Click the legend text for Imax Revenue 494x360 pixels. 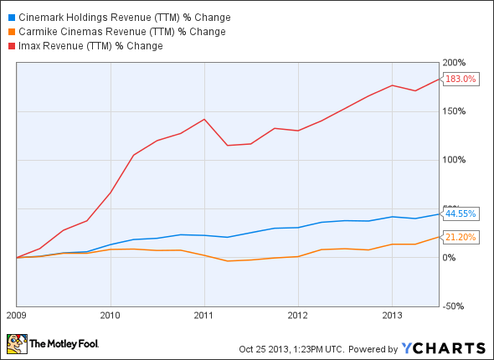tap(92, 46)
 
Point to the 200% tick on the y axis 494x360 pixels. tap(455, 63)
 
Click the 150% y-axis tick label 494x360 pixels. tap(455, 111)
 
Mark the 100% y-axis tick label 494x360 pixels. tap(455, 160)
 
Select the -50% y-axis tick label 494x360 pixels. tap(455, 306)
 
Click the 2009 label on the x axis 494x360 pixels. tap(16, 316)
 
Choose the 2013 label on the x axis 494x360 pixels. tap(391, 316)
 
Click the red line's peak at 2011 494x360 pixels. tap(203, 119)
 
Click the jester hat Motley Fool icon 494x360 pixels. tap(16, 343)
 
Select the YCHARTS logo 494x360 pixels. tap(444, 347)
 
